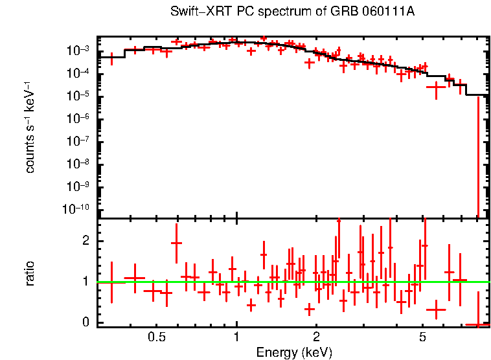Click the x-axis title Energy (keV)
[x=294, y=352]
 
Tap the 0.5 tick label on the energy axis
[x=157, y=337]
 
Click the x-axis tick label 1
[x=236, y=337]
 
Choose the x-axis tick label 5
[x=422, y=337]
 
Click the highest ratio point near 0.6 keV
[x=176, y=243]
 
